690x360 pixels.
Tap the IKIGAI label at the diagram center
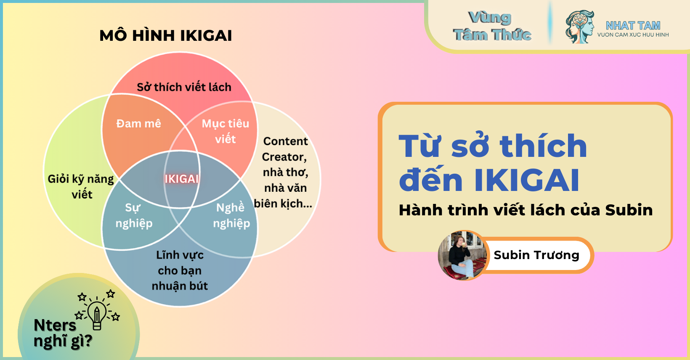point(181,179)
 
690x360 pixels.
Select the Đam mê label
point(138,124)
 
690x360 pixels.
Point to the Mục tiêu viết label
point(226,131)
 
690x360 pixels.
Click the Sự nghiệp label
point(134,216)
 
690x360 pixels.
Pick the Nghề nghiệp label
point(231,216)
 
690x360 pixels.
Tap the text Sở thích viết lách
point(184,87)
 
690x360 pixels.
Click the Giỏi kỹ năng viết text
point(81,187)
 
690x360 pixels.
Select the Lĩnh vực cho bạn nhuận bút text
point(180,270)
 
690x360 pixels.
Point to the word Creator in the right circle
point(284,157)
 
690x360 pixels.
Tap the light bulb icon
point(97,313)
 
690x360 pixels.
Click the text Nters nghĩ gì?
point(63,333)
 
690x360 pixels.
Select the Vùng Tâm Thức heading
point(492,26)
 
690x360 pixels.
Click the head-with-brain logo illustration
point(579,27)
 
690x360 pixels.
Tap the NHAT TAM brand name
point(633,25)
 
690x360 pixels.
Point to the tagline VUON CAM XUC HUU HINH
point(633,35)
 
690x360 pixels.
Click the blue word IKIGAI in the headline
point(527,180)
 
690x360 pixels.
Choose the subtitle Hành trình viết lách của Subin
point(525,210)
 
